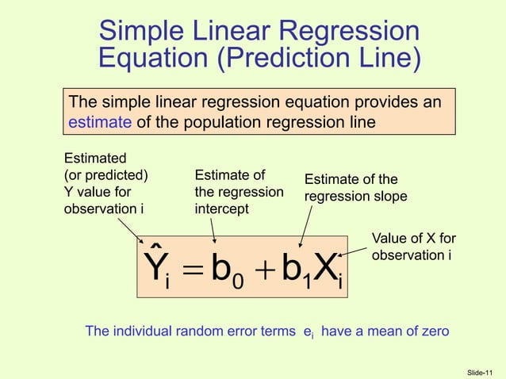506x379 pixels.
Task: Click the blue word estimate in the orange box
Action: (x=92, y=122)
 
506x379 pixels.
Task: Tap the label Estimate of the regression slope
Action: (x=355, y=188)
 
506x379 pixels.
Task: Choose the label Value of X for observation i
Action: (x=413, y=247)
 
